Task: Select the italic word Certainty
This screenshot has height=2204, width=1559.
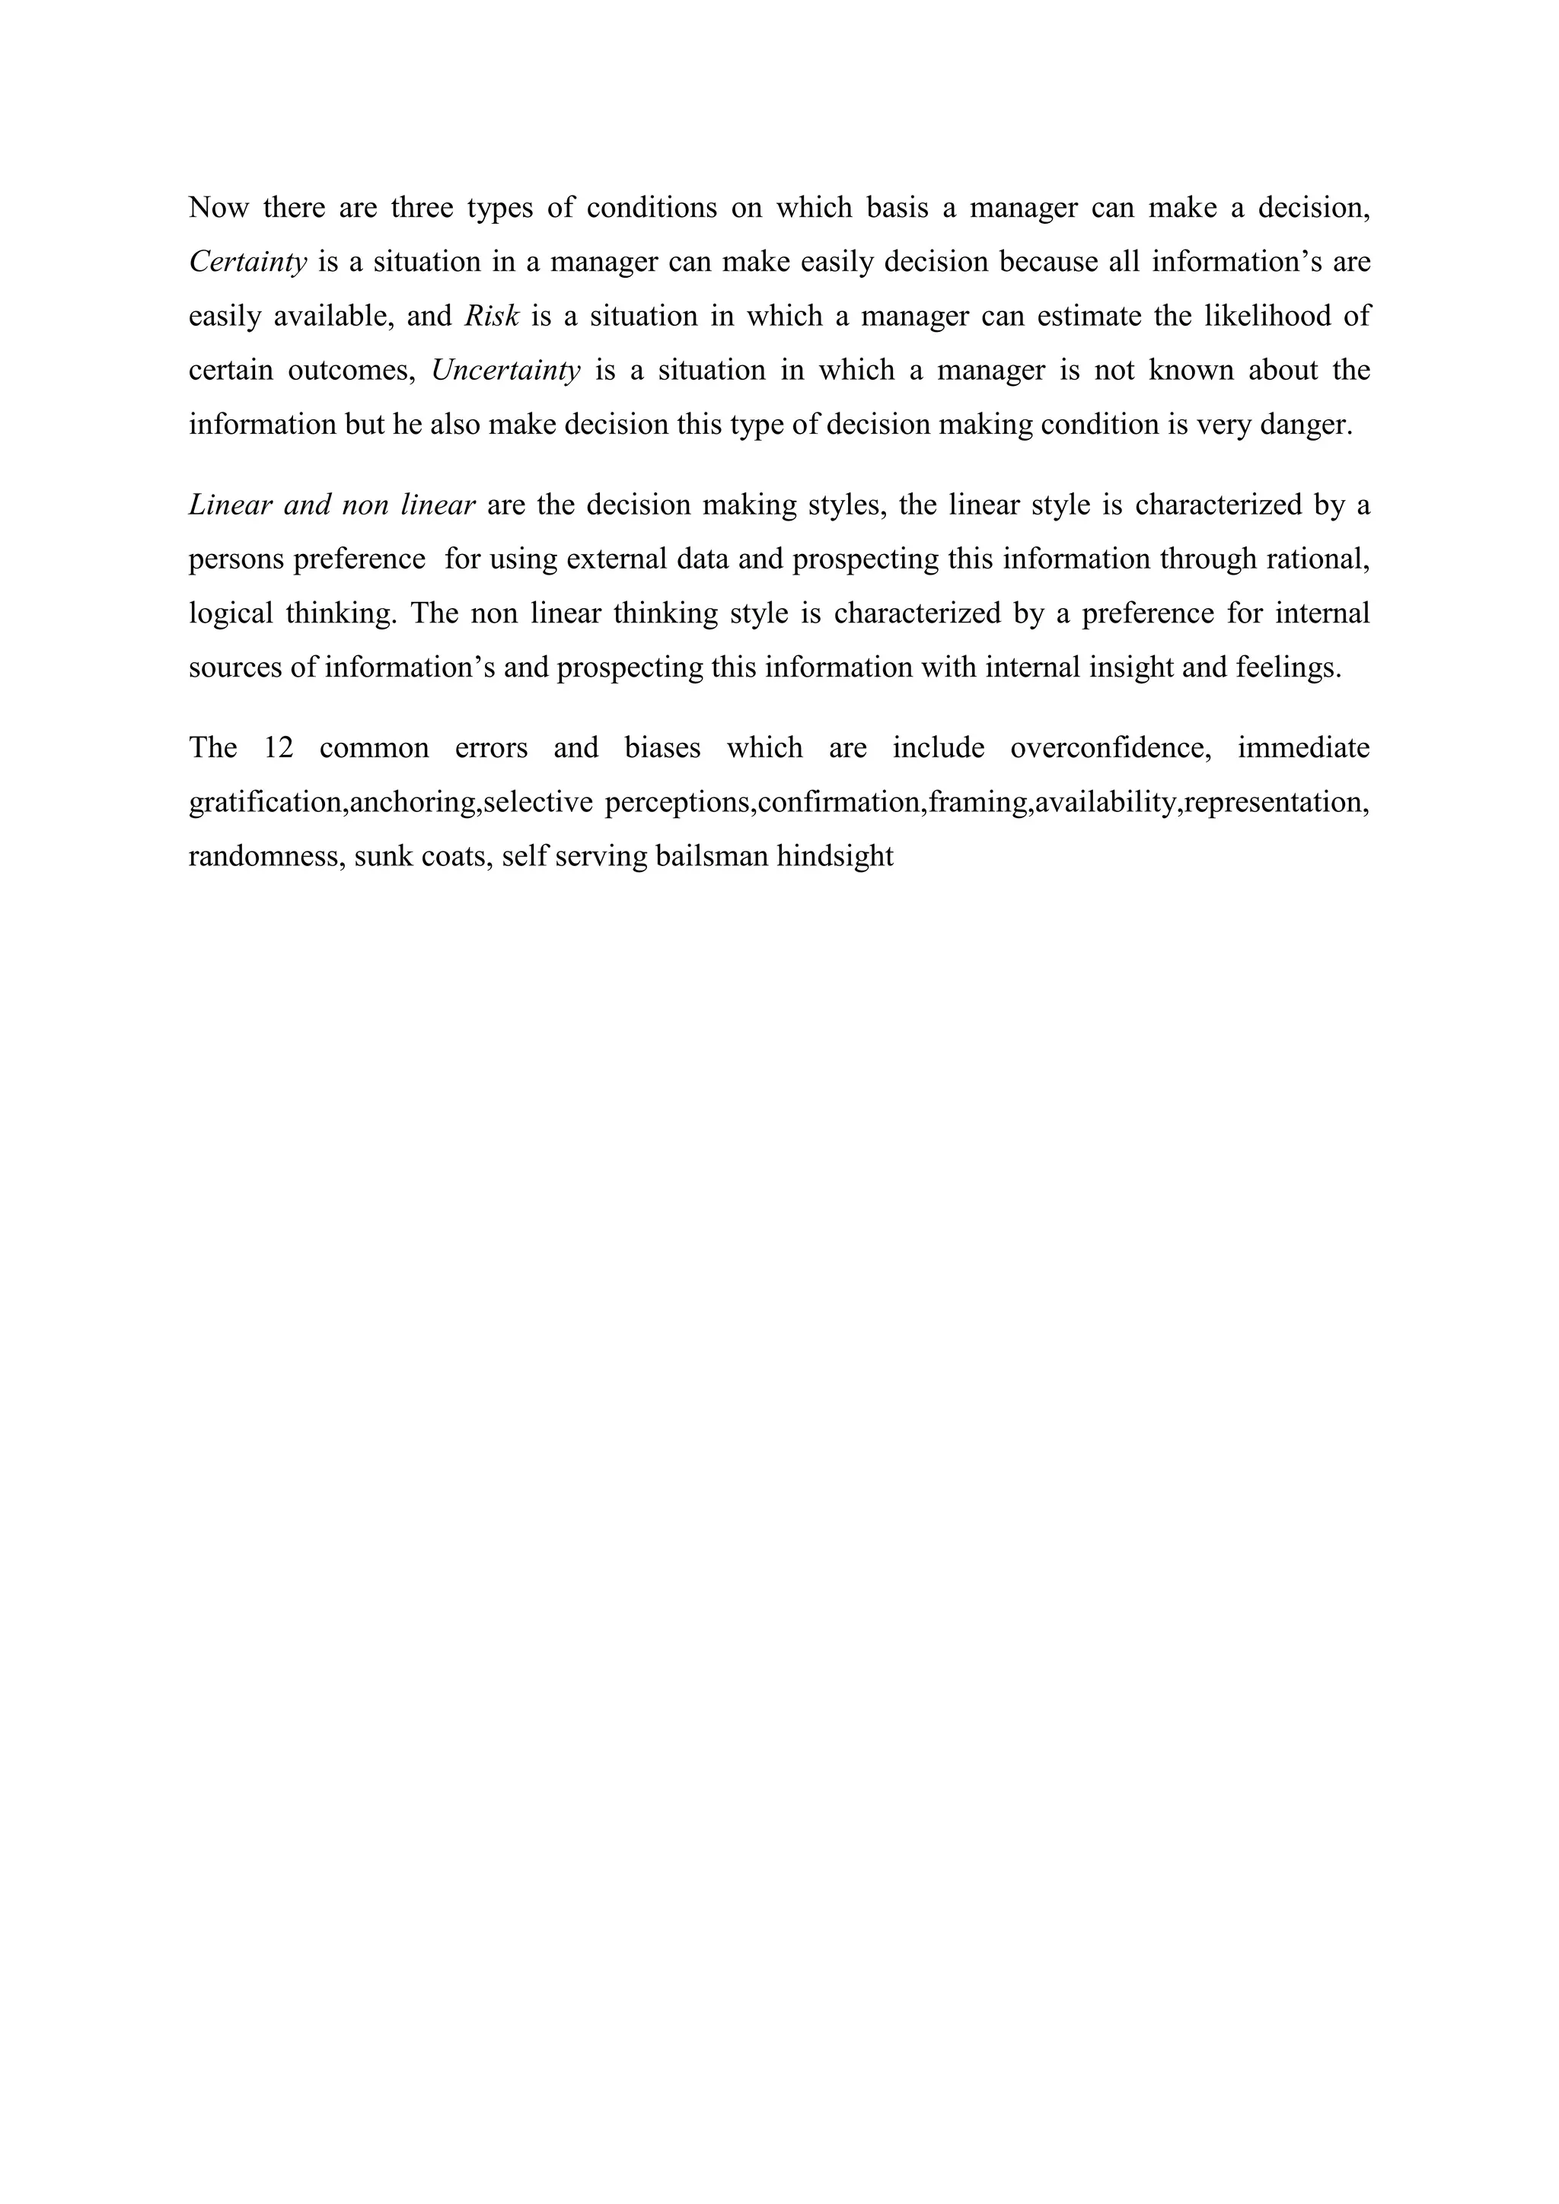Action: pos(247,262)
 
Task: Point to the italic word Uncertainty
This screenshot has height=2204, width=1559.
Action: pos(506,371)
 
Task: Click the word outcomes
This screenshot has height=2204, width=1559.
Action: pos(352,371)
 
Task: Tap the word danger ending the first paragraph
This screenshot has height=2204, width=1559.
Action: pos(1305,425)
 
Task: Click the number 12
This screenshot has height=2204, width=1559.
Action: pos(279,748)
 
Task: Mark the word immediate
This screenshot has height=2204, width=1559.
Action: pos(1302,748)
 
